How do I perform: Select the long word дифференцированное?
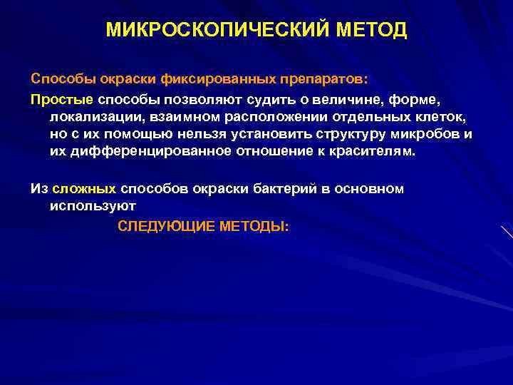pos(145,151)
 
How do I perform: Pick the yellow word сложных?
pos(84,188)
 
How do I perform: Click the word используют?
pos(93,207)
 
